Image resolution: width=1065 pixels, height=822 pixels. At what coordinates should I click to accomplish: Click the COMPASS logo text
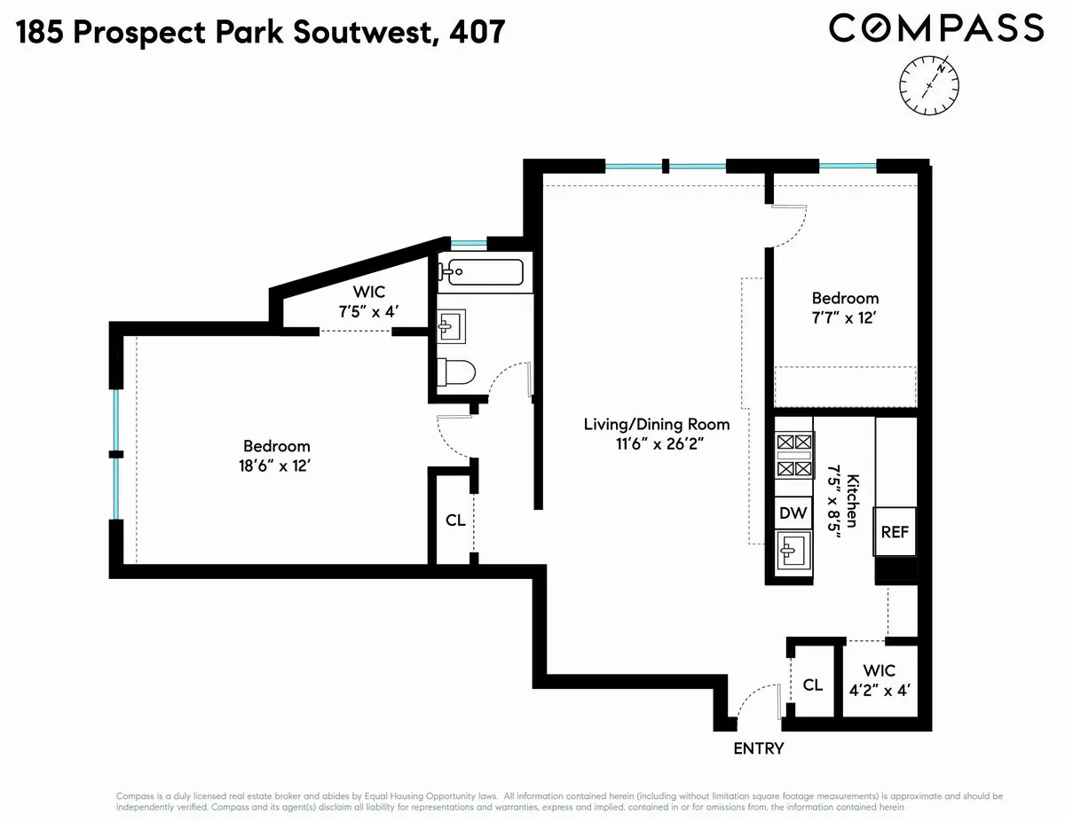click(936, 28)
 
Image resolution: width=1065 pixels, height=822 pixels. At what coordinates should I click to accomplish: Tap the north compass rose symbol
click(929, 85)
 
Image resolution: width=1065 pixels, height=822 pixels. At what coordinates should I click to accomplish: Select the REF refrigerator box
click(895, 532)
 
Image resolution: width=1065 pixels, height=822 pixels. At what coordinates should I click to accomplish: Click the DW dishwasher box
click(793, 513)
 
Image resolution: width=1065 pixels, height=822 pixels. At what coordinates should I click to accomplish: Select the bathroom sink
click(450, 325)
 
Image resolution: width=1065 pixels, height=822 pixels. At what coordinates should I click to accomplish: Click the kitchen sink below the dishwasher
click(792, 553)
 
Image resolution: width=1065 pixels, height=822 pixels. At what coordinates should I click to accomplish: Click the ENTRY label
click(759, 748)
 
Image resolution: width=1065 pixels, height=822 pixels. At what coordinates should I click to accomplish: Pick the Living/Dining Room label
click(657, 424)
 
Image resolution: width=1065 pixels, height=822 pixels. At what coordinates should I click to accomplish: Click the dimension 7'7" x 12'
click(846, 317)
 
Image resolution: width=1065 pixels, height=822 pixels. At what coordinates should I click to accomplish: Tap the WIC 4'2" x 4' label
click(878, 678)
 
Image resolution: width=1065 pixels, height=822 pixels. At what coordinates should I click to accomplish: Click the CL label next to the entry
click(812, 685)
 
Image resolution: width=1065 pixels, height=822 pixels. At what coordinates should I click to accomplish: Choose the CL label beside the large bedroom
click(455, 521)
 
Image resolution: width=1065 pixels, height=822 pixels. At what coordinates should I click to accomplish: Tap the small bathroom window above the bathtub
click(468, 244)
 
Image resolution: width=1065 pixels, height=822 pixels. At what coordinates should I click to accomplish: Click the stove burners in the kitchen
click(793, 455)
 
